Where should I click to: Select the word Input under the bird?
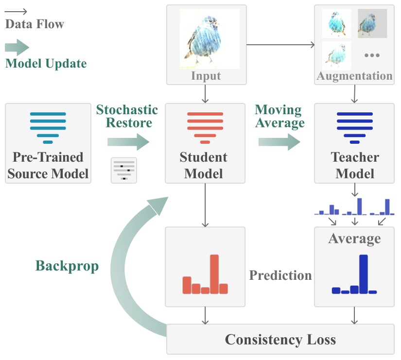click(x=206, y=76)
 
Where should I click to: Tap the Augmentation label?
click(x=354, y=76)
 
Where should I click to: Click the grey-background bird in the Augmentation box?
click(x=372, y=23)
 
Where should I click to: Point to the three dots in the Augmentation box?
click(x=372, y=55)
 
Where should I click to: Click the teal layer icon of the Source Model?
click(x=48, y=128)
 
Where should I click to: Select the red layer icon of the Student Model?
click(x=205, y=128)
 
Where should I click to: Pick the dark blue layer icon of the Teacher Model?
click(x=354, y=128)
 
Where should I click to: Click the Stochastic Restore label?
click(x=127, y=116)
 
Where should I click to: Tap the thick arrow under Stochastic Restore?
click(x=128, y=142)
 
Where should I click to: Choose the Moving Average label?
click(x=279, y=116)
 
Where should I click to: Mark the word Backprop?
click(x=67, y=266)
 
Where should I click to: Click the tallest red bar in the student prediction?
click(x=214, y=274)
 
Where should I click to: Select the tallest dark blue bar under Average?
click(x=363, y=274)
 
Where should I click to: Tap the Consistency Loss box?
click(x=280, y=339)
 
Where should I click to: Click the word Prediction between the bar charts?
click(x=280, y=275)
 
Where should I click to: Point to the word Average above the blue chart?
click(x=354, y=239)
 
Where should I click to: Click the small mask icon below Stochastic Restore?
click(x=124, y=171)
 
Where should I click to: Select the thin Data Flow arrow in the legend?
click(x=17, y=11)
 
